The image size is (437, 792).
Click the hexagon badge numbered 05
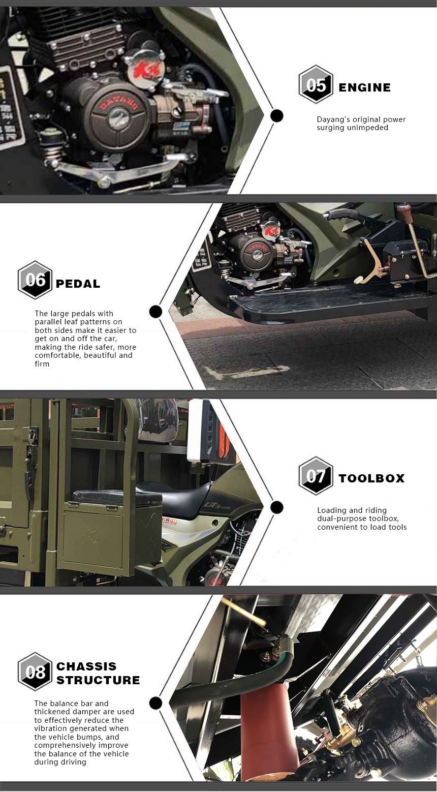316,84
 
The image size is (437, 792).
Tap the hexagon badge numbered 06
35,280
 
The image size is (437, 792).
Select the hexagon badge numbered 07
316,475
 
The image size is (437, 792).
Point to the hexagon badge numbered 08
35,672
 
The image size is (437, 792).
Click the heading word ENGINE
364,87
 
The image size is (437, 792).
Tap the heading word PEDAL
78,284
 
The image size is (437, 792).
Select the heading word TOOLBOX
371,478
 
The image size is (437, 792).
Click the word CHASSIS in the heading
86,666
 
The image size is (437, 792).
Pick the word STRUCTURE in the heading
98,680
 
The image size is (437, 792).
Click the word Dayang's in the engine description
331,120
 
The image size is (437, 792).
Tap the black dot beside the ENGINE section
276,115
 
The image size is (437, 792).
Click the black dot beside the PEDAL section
155,312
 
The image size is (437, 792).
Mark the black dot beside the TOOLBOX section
276,507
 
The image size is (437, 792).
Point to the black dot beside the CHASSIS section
155,703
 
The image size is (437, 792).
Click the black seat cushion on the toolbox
117,497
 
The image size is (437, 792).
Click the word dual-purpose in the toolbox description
340,519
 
